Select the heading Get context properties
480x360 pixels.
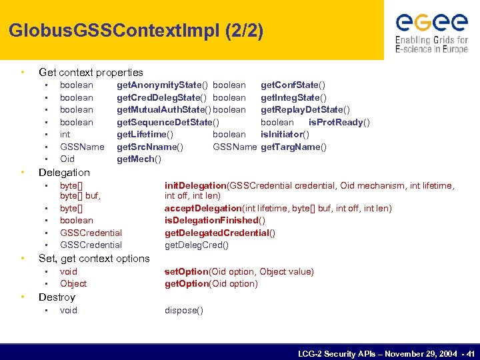[x=91, y=72]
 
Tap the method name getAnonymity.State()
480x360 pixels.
[x=163, y=85]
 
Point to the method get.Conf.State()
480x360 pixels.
[x=293, y=85]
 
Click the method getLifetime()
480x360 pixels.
[x=145, y=135]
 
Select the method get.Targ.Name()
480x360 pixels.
[x=293, y=147]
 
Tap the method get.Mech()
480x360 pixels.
[x=139, y=159]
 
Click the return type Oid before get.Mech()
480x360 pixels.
[x=67, y=159]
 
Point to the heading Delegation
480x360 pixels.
[x=64, y=172]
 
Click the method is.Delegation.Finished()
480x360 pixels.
[x=215, y=221]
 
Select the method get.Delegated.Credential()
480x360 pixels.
[x=220, y=233]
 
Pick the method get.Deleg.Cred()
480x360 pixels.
[x=196, y=245]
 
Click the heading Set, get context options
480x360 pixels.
[x=94, y=258]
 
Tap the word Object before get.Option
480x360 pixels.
[x=73, y=283]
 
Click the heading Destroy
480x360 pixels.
[x=57, y=297]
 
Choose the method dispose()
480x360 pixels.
[x=184, y=310]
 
